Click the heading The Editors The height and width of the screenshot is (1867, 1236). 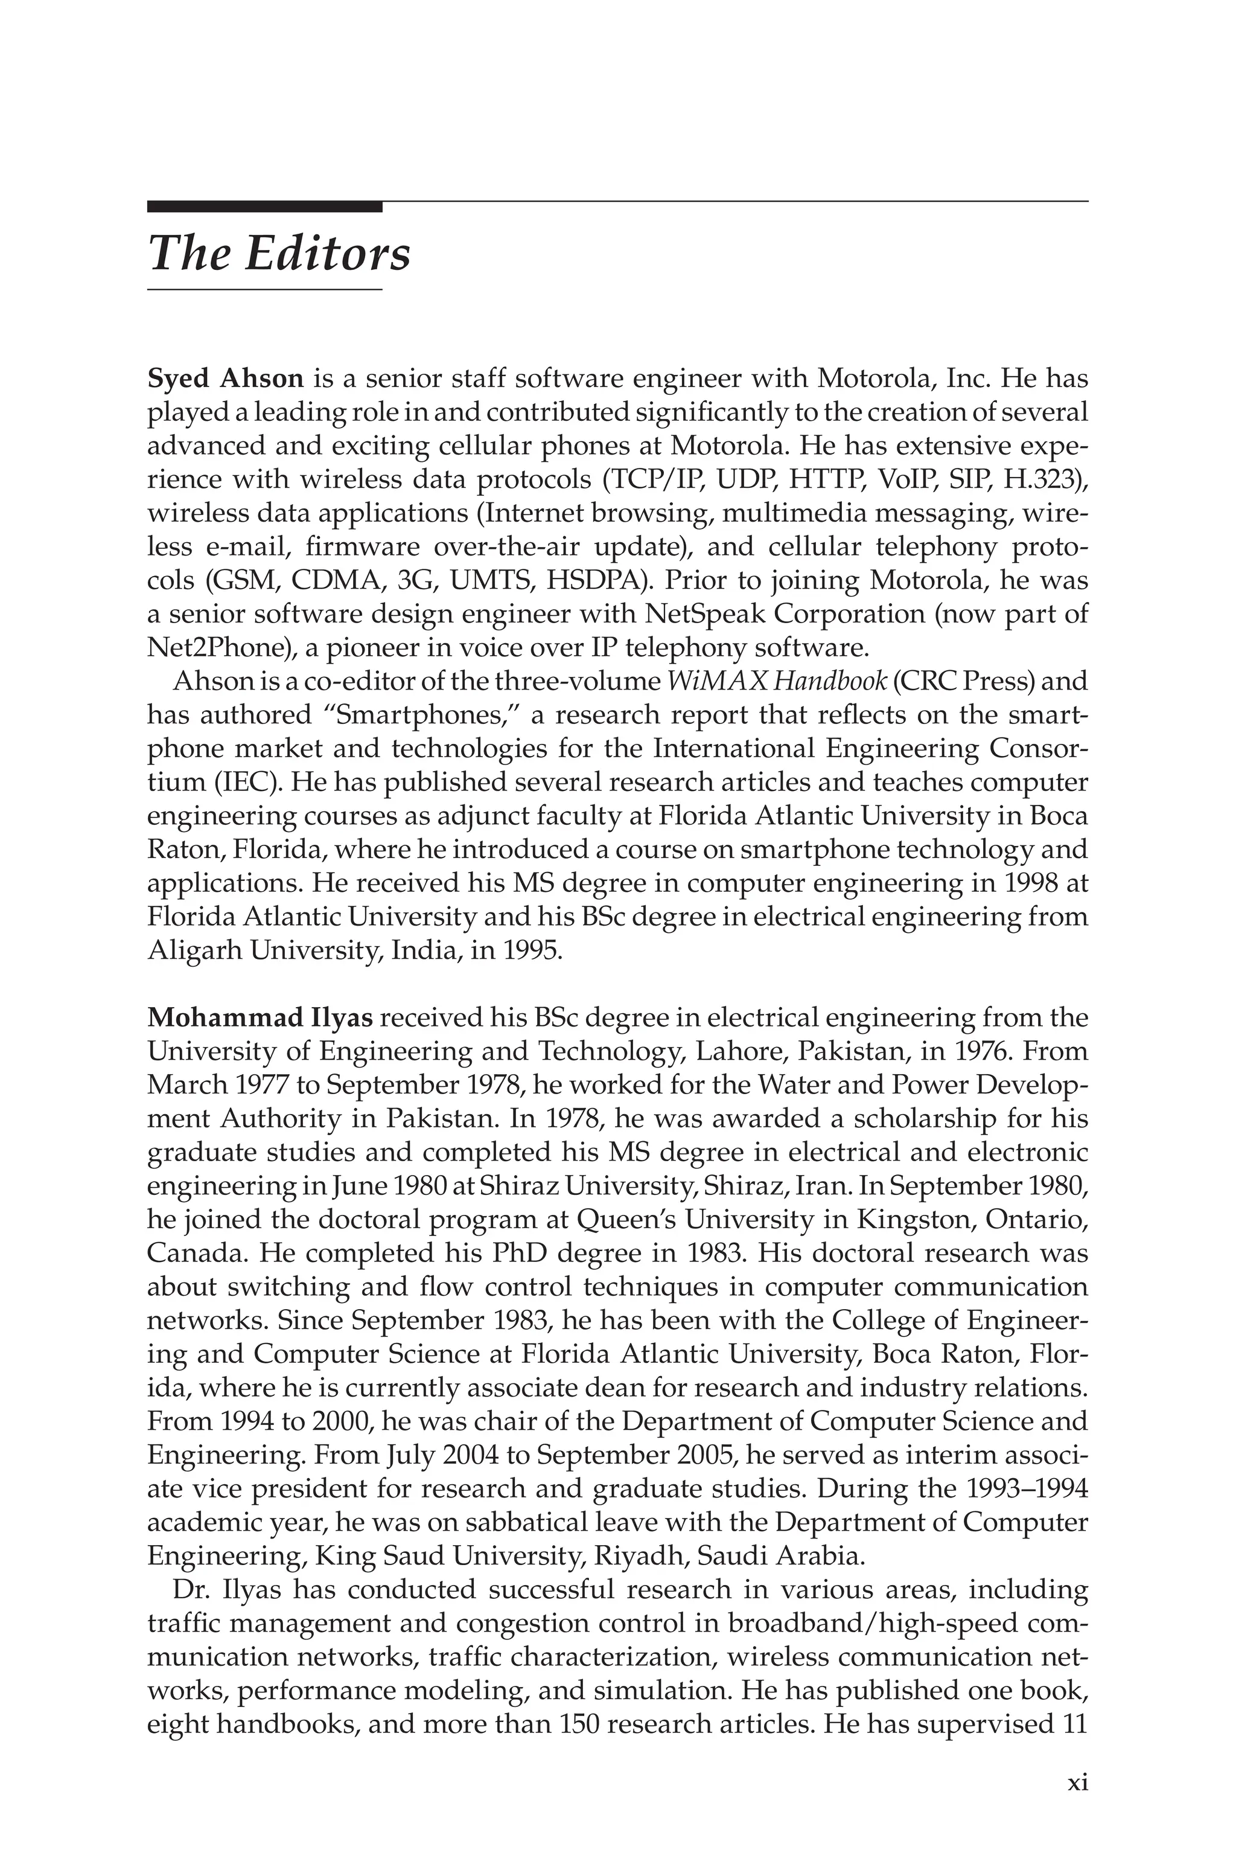[279, 254]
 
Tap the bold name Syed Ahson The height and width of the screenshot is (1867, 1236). [226, 379]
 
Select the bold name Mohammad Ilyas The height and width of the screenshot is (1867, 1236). [260, 1018]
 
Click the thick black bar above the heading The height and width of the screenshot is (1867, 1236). [264, 207]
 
